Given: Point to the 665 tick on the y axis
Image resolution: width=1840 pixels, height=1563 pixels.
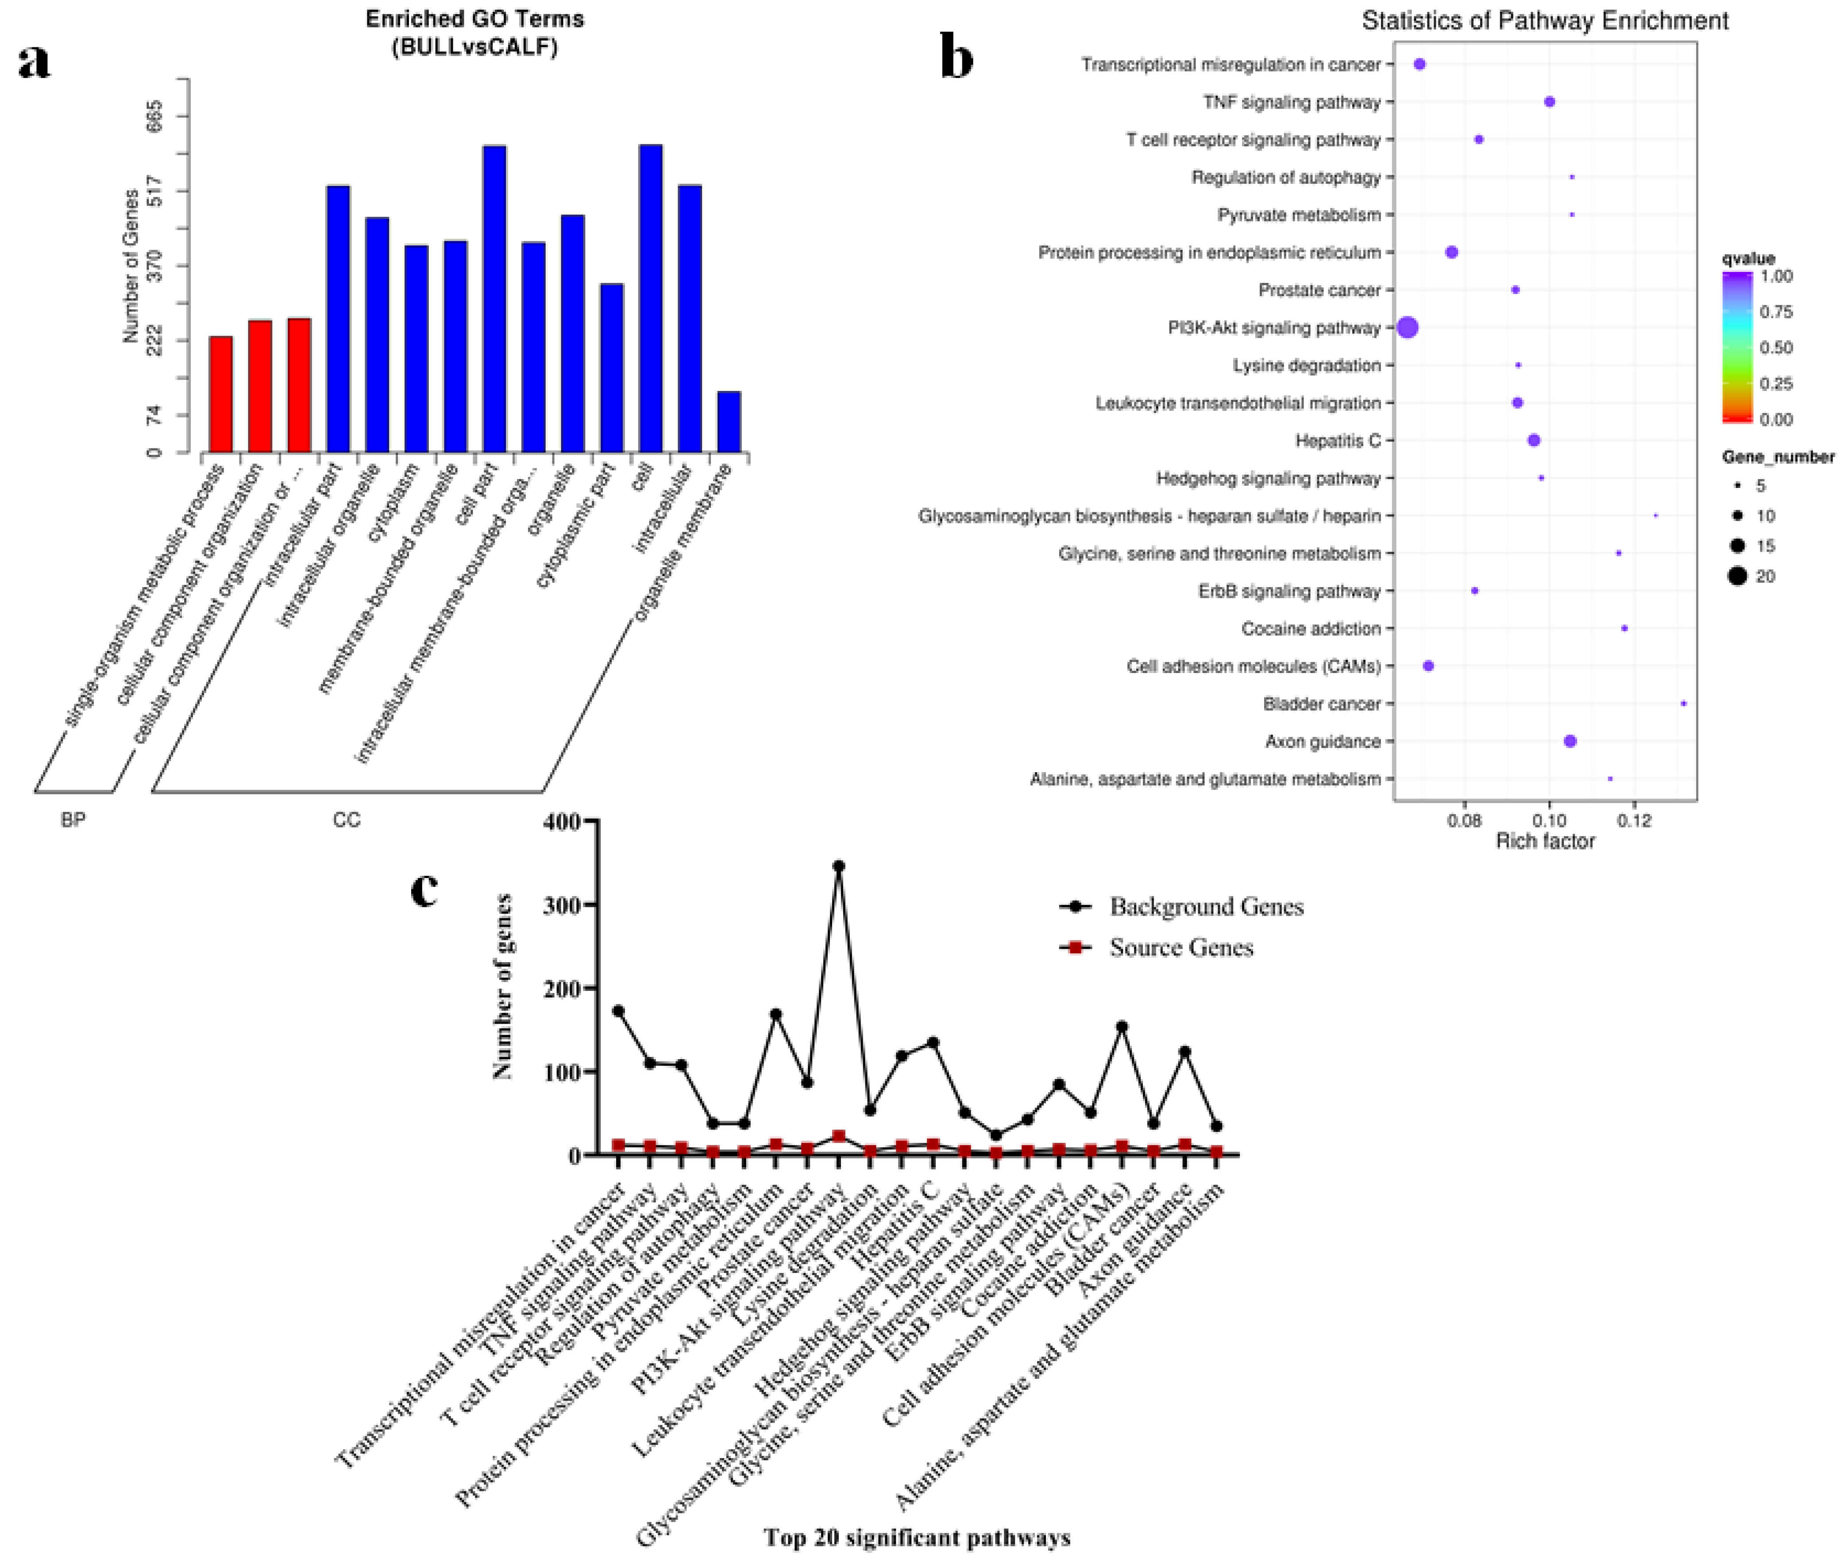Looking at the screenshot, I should (156, 116).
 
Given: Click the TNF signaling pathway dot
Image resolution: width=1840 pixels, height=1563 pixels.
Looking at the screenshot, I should (1550, 102).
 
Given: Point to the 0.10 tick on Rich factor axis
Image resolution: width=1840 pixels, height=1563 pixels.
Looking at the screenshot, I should (1550, 820).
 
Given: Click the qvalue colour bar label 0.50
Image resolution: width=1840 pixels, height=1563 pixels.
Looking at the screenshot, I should (1775, 347).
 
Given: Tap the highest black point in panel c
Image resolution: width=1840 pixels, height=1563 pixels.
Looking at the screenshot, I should (838, 866).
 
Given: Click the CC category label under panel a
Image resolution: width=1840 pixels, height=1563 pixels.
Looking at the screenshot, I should (347, 820).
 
